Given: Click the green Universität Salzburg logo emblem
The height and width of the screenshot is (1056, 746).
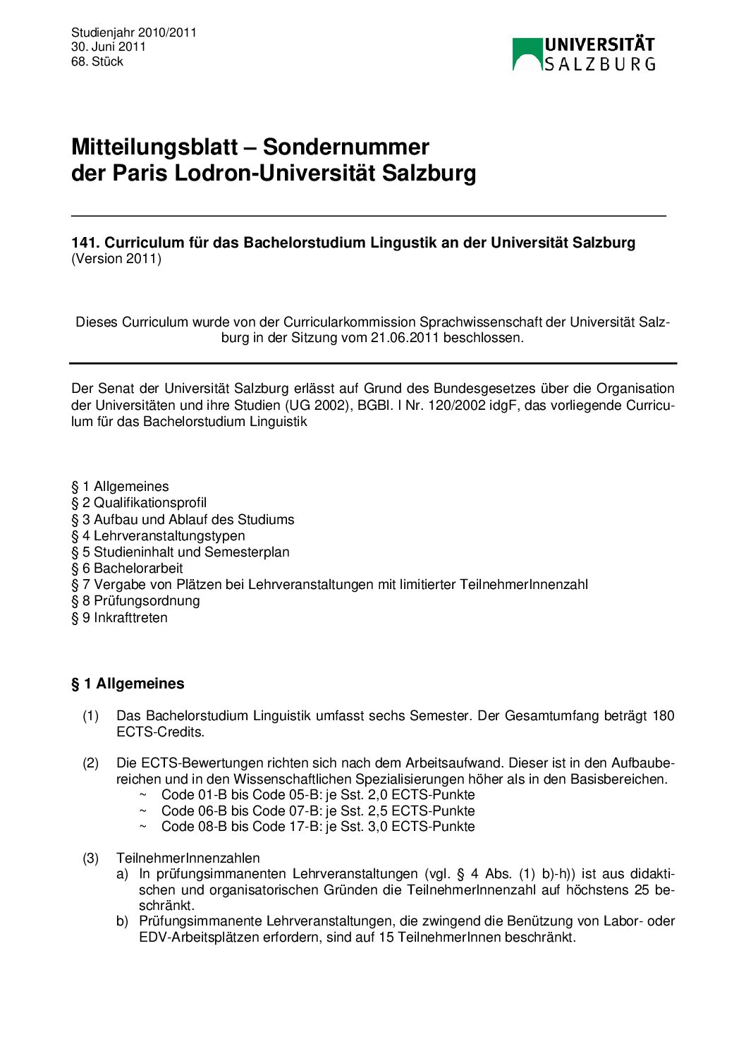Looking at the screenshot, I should pyautogui.click(x=527, y=54).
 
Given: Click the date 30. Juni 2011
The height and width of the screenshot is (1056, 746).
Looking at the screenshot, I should pyautogui.click(x=108, y=47).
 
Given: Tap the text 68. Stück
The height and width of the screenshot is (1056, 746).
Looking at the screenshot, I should pyautogui.click(x=97, y=61).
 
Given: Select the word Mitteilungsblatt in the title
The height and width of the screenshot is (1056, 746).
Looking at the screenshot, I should pyautogui.click(x=154, y=147).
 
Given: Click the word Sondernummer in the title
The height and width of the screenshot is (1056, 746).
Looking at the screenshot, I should pyautogui.click(x=346, y=147).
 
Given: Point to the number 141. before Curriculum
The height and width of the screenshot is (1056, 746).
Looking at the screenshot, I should pyautogui.click(x=85, y=243).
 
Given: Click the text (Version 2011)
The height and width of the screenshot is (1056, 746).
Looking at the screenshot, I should pyautogui.click(x=116, y=259).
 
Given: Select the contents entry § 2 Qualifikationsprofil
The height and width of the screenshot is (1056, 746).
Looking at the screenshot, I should pyautogui.click(x=139, y=503).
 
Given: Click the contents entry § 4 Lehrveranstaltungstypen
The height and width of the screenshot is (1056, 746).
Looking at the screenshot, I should pyautogui.click(x=158, y=536).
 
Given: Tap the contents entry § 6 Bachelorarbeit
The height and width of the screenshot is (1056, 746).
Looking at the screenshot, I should pyautogui.click(x=127, y=569).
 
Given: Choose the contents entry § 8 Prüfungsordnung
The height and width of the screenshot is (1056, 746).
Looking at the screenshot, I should pyautogui.click(x=135, y=601).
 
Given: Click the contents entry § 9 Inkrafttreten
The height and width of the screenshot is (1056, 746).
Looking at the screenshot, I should pyautogui.click(x=119, y=618).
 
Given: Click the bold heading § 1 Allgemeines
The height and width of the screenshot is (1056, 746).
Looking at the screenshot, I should pyautogui.click(x=128, y=684).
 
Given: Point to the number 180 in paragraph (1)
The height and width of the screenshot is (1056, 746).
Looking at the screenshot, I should pyautogui.click(x=663, y=716).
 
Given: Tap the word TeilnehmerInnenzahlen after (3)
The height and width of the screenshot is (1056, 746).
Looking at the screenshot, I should pyautogui.click(x=188, y=858).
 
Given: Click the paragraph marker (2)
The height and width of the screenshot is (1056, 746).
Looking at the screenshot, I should pyautogui.click(x=91, y=763).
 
